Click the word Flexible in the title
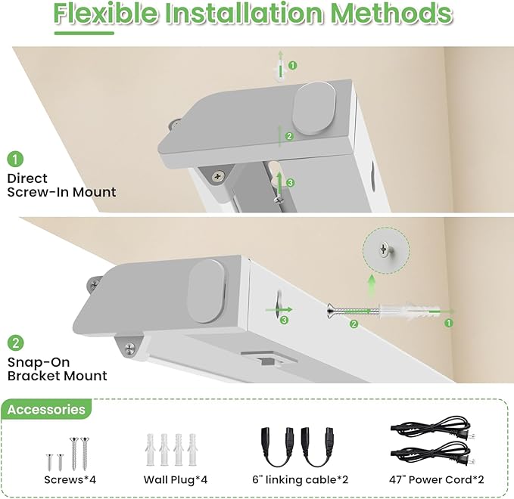[x=105, y=14]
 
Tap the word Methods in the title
[x=391, y=14]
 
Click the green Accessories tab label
[x=46, y=410]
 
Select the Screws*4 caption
[x=70, y=479]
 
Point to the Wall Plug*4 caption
[x=176, y=480]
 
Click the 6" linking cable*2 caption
[x=300, y=479]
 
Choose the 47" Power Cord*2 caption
[x=436, y=479]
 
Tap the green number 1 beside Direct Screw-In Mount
[x=15, y=159]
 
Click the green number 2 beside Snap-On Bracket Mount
[x=15, y=343]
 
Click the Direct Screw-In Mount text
[x=61, y=185]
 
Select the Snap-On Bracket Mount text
[x=58, y=369]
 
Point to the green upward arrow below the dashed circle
[x=372, y=287]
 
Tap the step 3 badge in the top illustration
[x=290, y=183]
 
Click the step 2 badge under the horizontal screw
[x=354, y=324]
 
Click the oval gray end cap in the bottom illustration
[x=206, y=291]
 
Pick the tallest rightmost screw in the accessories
[x=86, y=454]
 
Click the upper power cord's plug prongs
[x=468, y=436]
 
